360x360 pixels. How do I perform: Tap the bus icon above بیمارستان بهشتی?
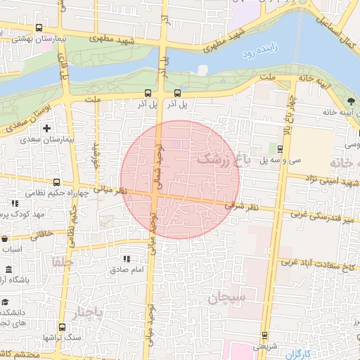pyautogui.click(x=38, y=29)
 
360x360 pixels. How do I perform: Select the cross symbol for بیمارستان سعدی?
pyautogui.click(x=47, y=128)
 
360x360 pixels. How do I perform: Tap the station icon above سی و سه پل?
pyautogui.click(x=281, y=148)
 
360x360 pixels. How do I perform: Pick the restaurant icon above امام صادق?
pyautogui.click(x=127, y=259)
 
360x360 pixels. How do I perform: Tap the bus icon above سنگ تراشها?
pyautogui.click(x=61, y=328)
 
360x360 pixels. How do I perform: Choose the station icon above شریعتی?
pyautogui.click(x=265, y=335)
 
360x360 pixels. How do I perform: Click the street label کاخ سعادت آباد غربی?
pyautogui.click(x=317, y=264)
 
